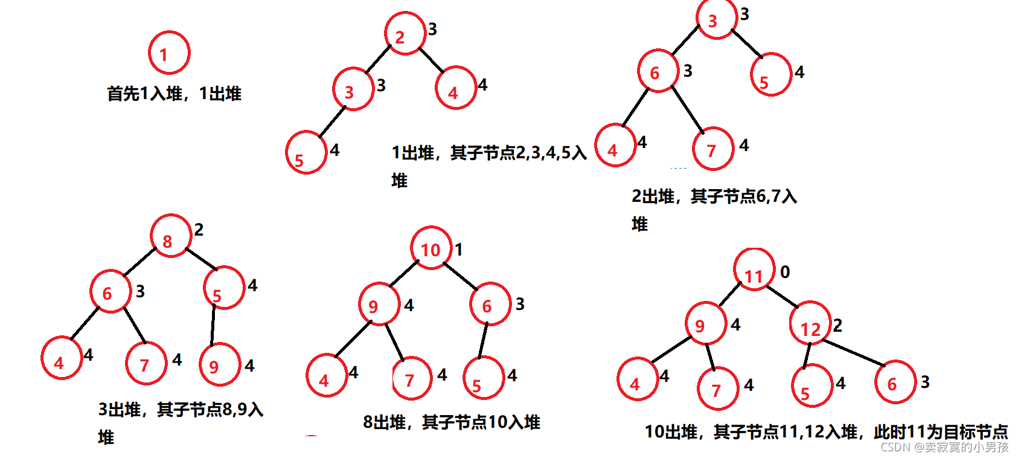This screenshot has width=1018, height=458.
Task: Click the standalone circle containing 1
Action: (169, 53)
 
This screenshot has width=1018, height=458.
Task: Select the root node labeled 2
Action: (405, 34)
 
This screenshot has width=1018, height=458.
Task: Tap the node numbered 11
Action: (754, 269)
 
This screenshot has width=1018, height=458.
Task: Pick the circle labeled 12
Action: (810, 323)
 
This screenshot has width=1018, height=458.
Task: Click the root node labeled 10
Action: (431, 248)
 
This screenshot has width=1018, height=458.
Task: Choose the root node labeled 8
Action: (171, 236)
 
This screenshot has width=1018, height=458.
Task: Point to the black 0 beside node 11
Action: (785, 273)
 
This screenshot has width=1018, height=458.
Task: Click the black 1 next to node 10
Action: (459, 250)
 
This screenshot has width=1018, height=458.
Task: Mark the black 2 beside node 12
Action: (837, 326)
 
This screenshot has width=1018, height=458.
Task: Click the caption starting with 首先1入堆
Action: (174, 94)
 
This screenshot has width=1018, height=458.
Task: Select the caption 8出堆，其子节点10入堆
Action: (451, 422)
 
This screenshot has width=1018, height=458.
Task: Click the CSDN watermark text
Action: (944, 447)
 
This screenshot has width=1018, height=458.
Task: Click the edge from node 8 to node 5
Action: (202, 259)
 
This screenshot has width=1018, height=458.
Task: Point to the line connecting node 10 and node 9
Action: (404, 274)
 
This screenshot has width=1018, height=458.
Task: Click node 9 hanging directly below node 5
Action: (220, 364)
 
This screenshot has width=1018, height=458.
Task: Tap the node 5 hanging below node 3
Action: (306, 152)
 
